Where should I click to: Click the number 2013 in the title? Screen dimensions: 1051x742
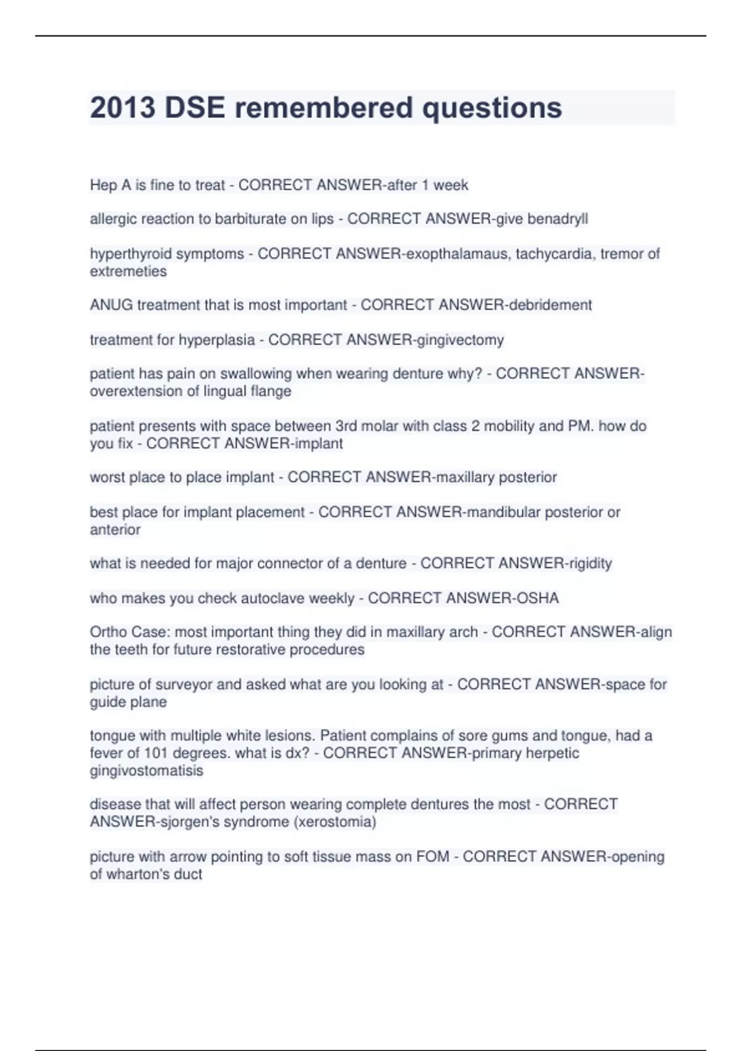point(122,108)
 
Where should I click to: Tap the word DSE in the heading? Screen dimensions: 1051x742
point(194,108)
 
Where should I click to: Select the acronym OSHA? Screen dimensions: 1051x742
point(537,598)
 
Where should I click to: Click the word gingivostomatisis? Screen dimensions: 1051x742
point(147,770)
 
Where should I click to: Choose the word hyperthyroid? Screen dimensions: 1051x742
point(127,253)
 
